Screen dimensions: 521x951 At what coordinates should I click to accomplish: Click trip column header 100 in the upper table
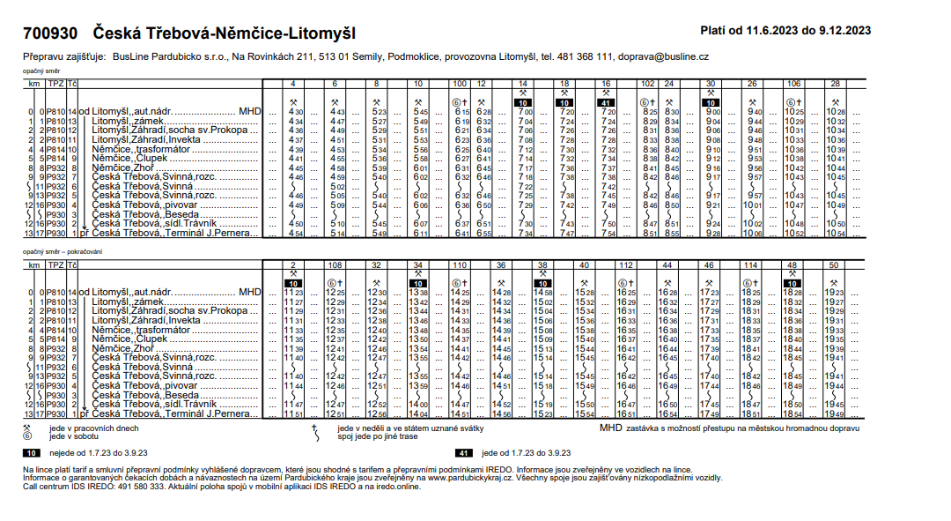tap(460, 83)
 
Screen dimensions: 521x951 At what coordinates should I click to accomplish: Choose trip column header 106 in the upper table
tap(792, 83)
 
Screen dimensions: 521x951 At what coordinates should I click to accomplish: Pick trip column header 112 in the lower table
tap(626, 264)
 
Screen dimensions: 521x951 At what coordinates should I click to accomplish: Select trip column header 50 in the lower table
tap(834, 264)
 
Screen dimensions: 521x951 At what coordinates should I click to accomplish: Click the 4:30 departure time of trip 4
tap(297, 112)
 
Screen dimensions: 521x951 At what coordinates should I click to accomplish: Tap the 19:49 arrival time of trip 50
tap(835, 413)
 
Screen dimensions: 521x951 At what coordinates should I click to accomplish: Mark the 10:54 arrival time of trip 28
tap(835, 233)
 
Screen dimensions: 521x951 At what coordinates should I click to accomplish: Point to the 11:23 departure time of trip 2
tap(293, 292)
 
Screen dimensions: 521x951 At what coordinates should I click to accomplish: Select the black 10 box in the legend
tap(32, 451)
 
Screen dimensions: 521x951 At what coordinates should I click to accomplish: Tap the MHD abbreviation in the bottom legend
tap(610, 428)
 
